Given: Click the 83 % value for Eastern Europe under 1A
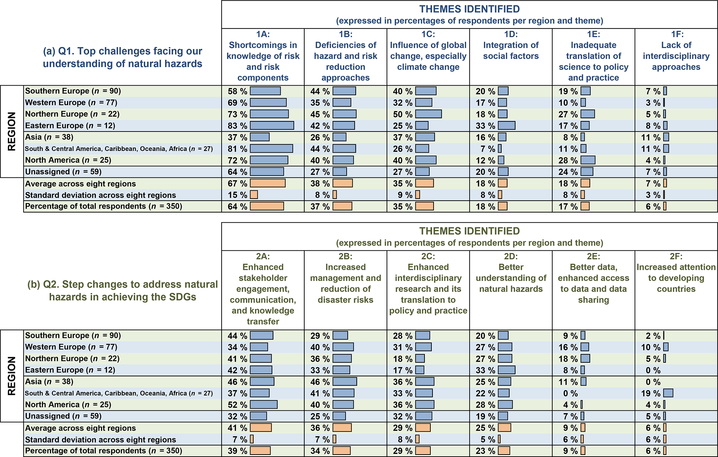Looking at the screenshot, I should pyautogui.click(x=238, y=126).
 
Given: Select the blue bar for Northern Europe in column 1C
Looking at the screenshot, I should pyautogui.click(x=428, y=114).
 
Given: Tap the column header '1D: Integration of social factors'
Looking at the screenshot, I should pyautogui.click(x=511, y=45).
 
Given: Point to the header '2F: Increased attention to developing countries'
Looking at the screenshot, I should pyautogui.click(x=676, y=273).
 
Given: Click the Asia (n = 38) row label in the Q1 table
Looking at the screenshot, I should pyautogui.click(x=49, y=137).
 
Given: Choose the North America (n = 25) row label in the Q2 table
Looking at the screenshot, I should pyautogui.click(x=68, y=404).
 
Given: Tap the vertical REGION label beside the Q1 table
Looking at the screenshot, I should pyautogui.click(x=12, y=131).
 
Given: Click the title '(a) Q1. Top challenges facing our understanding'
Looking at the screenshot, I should pyautogui.click(x=122, y=57).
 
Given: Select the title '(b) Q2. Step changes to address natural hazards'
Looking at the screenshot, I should pyautogui.click(x=122, y=290).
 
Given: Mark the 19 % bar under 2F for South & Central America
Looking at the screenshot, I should pyautogui.click(x=668, y=393).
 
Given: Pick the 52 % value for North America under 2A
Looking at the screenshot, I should pyautogui.click(x=238, y=405).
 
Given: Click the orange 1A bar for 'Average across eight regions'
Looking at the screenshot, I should pyautogui.click(x=267, y=183).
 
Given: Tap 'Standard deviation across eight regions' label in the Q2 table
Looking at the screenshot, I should pyautogui.click(x=100, y=440).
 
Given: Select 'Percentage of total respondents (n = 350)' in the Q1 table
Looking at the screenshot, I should pyautogui.click(x=104, y=206).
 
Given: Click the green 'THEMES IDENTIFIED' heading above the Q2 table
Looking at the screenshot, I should pyautogui.click(x=469, y=231).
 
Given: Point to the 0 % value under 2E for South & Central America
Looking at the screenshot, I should pyautogui.click(x=570, y=393).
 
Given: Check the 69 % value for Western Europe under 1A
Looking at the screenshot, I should pyautogui.click(x=238, y=103).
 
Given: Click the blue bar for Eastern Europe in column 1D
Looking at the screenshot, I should pyautogui.click(x=506, y=126).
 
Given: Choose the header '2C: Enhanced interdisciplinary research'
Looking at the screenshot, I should pyautogui.click(x=428, y=283).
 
